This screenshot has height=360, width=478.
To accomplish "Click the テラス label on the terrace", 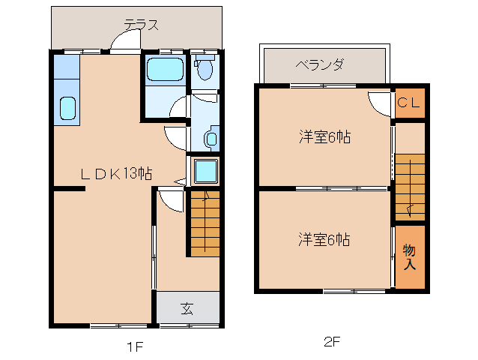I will click(141, 24).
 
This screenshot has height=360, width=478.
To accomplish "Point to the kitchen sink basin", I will click(67, 109).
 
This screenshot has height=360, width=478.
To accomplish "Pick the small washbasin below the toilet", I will click(211, 139).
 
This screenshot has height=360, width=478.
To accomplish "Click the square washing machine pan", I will click(205, 171).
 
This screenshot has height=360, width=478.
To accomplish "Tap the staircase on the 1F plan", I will click(203, 223).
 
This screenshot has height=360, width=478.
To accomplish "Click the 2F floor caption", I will click(332, 342).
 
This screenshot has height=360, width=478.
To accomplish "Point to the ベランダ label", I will click(320, 64).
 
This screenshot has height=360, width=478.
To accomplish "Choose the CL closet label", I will click(410, 103).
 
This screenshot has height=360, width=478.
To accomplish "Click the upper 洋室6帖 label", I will click(324, 137).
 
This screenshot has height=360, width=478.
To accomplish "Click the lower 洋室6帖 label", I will click(324, 240).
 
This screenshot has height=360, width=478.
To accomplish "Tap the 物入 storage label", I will click(409, 256).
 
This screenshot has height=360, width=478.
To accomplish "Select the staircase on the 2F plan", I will click(409, 187).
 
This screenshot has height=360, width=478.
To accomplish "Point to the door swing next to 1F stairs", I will click(170, 199).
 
